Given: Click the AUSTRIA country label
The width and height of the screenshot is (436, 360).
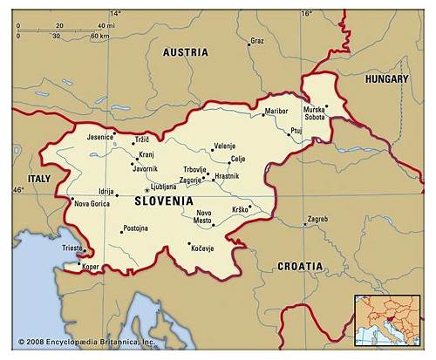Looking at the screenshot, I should (187, 52).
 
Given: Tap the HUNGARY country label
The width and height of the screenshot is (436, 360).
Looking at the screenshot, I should (386, 78).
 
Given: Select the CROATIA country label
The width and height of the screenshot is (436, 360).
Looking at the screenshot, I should (299, 266).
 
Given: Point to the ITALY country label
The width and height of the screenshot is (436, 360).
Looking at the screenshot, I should (39, 178).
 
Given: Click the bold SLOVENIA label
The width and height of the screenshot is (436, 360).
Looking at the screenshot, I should (164, 201).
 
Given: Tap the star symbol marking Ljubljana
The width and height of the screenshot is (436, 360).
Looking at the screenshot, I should (146, 189).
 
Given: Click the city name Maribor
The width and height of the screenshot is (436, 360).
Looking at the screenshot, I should (276, 112).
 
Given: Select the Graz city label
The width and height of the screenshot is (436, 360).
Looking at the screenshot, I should (256, 41).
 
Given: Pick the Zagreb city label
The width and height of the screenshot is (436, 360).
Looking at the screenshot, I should (317, 219).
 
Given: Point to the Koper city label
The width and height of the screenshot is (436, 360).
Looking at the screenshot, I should (91, 268).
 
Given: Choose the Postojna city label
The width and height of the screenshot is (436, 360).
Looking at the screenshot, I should (135, 228).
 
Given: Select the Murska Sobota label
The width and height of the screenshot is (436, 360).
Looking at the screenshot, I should (314, 113).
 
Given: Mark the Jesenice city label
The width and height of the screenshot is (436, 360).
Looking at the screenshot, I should (99, 137).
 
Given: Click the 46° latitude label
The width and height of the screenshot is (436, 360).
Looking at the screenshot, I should (18, 190).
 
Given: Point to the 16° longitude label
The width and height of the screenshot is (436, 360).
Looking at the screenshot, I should (306, 14).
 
